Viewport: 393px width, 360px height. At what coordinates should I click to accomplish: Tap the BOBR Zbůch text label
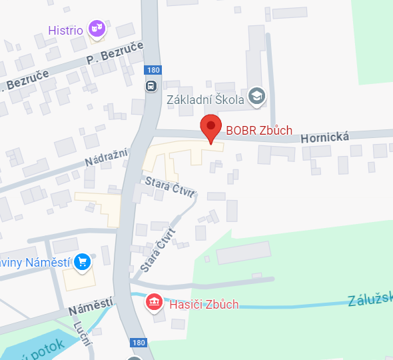pos(258,130)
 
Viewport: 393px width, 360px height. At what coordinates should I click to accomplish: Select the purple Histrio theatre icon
pos(97,28)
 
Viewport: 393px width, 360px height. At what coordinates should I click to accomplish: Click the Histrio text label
pos(65,30)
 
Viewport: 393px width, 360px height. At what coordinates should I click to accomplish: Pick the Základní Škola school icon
pos(255,97)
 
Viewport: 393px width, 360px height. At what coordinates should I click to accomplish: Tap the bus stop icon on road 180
pos(151,85)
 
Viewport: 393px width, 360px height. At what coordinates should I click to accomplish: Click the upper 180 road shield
pos(153,70)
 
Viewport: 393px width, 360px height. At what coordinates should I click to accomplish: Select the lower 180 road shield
pos(138,342)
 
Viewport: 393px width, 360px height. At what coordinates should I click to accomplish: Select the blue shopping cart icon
pos(83,261)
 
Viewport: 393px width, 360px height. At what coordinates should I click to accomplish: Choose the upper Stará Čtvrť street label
pos(171,187)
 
